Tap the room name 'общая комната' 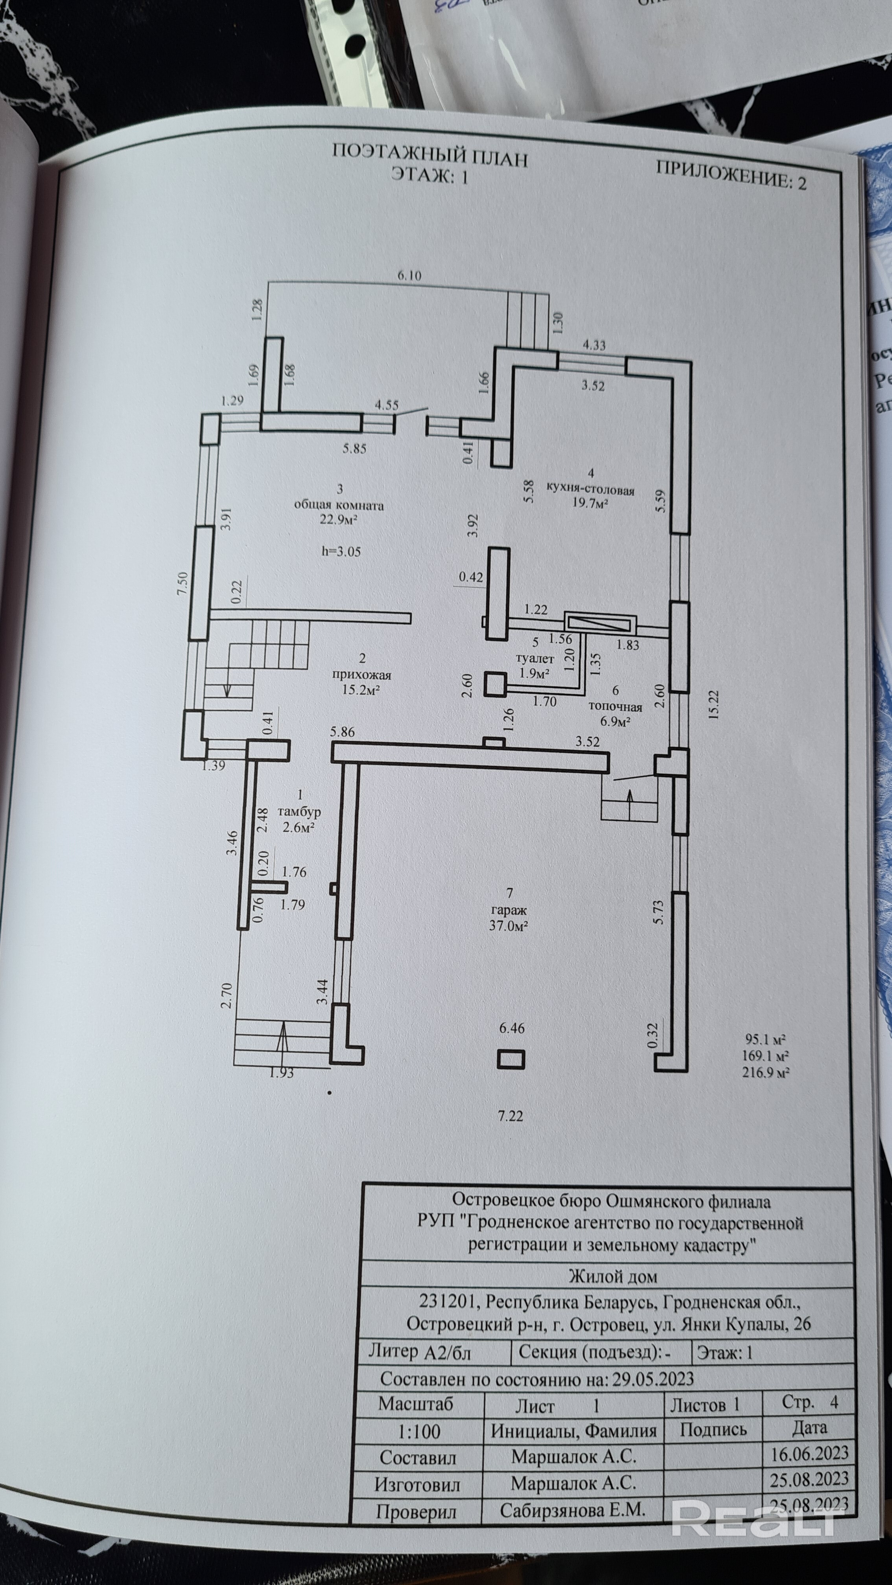tap(339, 505)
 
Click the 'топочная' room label tap(616, 707)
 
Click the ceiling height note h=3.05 tap(341, 551)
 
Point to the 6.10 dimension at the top tap(409, 276)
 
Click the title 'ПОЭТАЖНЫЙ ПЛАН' tap(430, 155)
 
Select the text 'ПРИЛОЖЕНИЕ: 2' tap(731, 174)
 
